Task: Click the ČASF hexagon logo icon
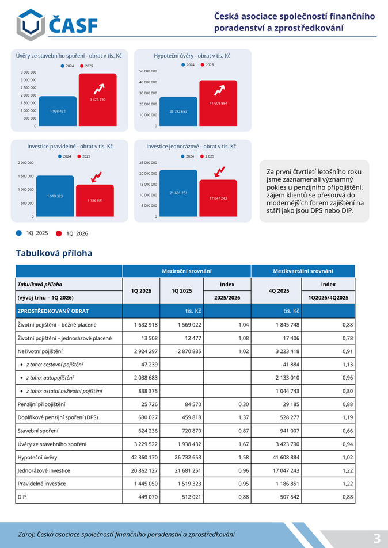click(30, 25)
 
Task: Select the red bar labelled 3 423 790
click(98, 99)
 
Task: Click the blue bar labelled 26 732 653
click(178, 111)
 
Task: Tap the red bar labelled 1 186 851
click(95, 200)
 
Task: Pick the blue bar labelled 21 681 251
click(178, 193)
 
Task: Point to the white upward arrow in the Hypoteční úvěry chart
click(219, 90)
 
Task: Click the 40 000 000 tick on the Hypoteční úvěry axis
click(149, 82)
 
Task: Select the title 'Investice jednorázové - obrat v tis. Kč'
click(191, 147)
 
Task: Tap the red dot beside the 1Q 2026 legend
click(59, 233)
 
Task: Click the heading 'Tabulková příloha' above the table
click(54, 254)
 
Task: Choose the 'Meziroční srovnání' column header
click(187, 271)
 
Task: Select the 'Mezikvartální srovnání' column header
click(303, 271)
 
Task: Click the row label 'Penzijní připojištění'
click(41, 404)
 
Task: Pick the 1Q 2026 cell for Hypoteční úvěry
click(141, 457)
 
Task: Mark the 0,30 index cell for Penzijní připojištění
click(244, 404)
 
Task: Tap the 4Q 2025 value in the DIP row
click(290, 497)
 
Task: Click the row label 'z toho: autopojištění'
click(50, 378)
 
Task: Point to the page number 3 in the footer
click(376, 538)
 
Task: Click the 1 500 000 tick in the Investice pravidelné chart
click(26, 176)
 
